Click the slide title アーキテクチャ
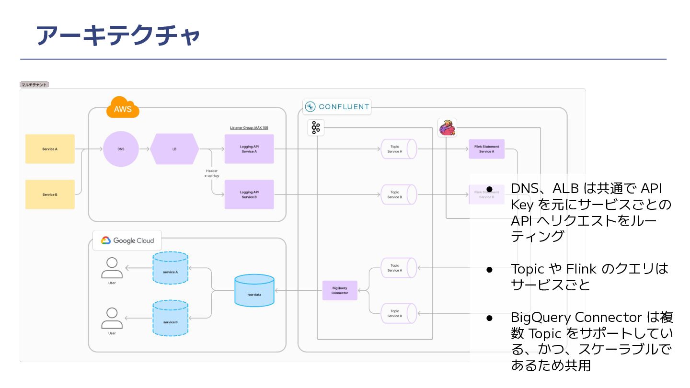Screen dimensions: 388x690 tap(117, 36)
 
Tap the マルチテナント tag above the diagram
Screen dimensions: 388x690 tap(34, 85)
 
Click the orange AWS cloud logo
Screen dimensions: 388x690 tap(123, 108)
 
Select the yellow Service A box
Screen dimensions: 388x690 tap(50, 149)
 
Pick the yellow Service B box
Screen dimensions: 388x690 tap(50, 194)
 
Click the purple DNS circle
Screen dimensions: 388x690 tap(121, 149)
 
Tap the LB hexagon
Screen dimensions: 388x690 tap(174, 149)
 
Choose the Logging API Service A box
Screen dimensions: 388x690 tap(249, 149)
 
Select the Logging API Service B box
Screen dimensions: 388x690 tap(249, 194)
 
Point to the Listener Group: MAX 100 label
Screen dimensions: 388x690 tap(249, 128)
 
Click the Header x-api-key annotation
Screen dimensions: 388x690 tap(212, 173)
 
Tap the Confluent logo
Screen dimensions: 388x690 tap(337, 107)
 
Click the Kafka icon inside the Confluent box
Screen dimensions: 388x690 tap(316, 127)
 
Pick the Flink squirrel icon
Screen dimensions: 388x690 tap(447, 128)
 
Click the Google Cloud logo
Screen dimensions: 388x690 tap(127, 240)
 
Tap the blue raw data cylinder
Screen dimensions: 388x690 tap(254, 290)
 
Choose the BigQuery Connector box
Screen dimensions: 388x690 tap(340, 290)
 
